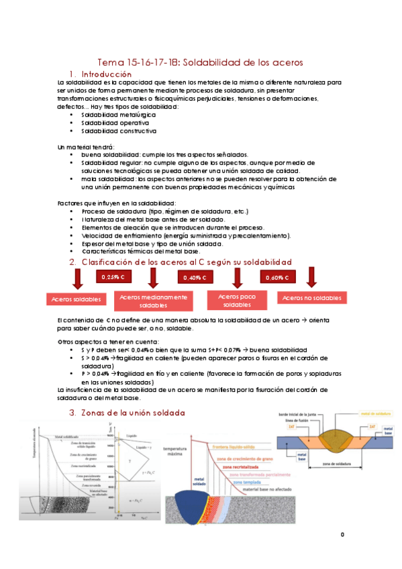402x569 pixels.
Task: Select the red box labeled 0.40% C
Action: tap(195, 277)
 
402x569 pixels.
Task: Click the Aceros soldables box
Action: tap(74, 299)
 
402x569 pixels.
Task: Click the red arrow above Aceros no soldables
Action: tap(311, 277)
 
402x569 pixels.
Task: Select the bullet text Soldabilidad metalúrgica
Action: tap(118, 115)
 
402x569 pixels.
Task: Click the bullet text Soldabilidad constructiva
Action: tap(119, 131)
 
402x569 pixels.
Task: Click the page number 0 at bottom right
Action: tap(342, 534)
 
